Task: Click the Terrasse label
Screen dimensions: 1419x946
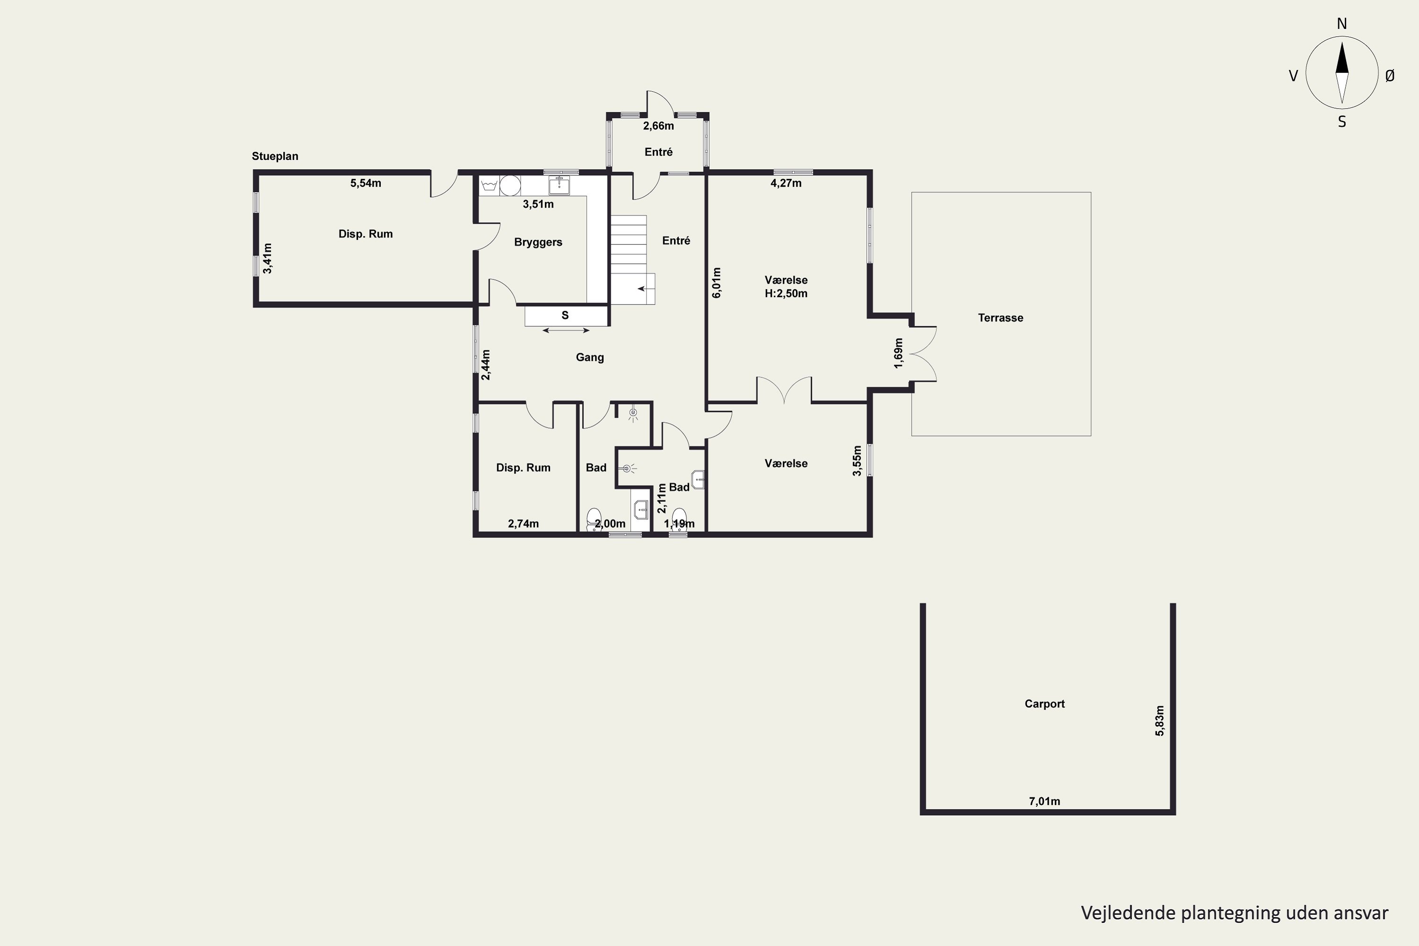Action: (1000, 318)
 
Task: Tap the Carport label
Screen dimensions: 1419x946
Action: (1044, 703)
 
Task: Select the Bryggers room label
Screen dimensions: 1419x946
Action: (538, 242)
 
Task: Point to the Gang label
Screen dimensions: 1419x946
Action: (589, 357)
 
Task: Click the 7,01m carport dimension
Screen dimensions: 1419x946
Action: (1044, 801)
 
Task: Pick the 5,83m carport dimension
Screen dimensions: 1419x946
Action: (1160, 721)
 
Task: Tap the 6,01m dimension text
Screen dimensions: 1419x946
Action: (717, 283)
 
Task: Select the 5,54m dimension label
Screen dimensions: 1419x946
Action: (366, 183)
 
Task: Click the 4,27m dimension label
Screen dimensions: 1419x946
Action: (786, 183)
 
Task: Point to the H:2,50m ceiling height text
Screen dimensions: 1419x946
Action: (786, 294)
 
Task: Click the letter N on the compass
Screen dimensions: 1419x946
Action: (1342, 24)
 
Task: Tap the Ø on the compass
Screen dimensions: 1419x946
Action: (1390, 75)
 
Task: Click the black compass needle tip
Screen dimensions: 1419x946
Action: (1342, 42)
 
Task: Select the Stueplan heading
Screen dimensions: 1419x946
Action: (275, 156)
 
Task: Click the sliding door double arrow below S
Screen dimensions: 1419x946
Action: (566, 330)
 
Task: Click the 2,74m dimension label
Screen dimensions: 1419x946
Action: (523, 524)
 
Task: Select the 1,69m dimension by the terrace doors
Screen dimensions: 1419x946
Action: (898, 353)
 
